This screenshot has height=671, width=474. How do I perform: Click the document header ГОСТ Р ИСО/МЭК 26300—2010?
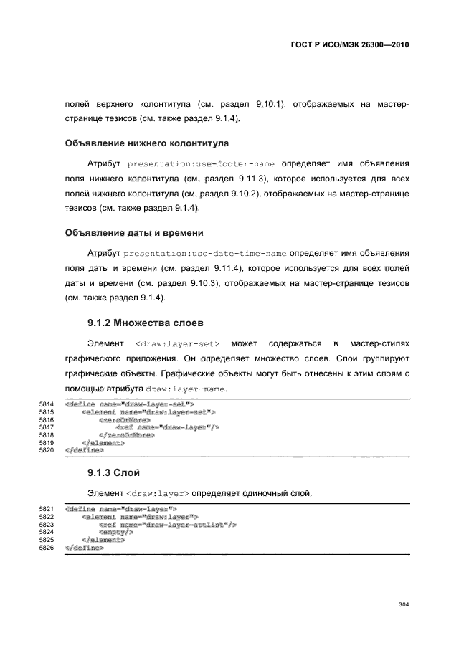(350, 44)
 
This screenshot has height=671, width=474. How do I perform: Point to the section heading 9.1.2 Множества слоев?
(145, 322)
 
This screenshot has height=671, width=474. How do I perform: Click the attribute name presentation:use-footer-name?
(203, 163)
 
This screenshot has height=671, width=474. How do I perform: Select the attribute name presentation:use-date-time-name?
(205, 254)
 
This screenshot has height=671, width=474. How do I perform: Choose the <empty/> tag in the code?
(116, 533)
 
